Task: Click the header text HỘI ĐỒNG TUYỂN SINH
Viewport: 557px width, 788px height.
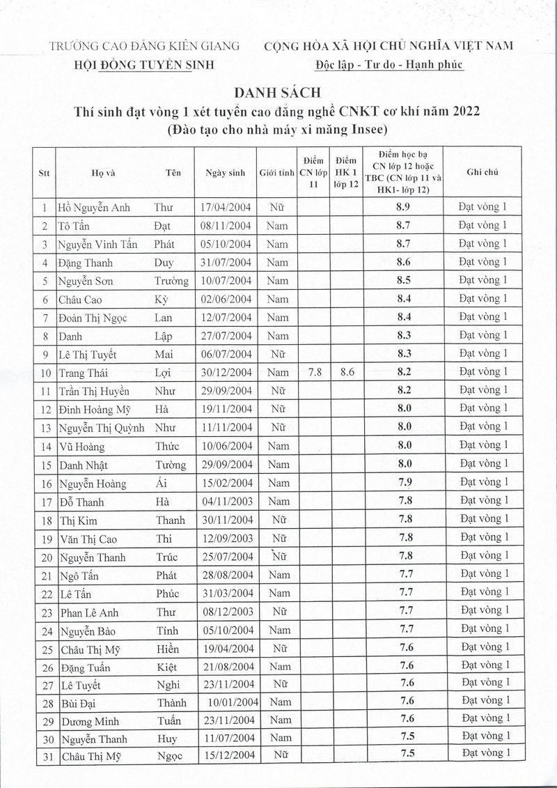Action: [x=144, y=65]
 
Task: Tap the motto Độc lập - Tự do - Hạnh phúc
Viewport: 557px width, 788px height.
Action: [x=389, y=65]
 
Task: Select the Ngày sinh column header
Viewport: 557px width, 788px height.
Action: [x=225, y=173]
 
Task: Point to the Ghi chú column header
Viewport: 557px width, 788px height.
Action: [x=483, y=172]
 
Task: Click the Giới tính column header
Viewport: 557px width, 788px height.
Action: [x=277, y=173]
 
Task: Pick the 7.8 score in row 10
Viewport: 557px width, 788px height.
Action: [x=314, y=372]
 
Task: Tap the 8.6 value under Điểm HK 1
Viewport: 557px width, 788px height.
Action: [x=347, y=372]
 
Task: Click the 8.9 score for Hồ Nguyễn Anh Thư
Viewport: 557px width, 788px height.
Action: [x=403, y=208]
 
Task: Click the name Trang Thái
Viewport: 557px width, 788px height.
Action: [x=83, y=373]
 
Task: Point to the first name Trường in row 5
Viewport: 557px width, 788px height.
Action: [x=171, y=281]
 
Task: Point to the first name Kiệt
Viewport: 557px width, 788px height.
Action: [x=167, y=666]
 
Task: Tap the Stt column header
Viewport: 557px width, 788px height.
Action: [x=45, y=173]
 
